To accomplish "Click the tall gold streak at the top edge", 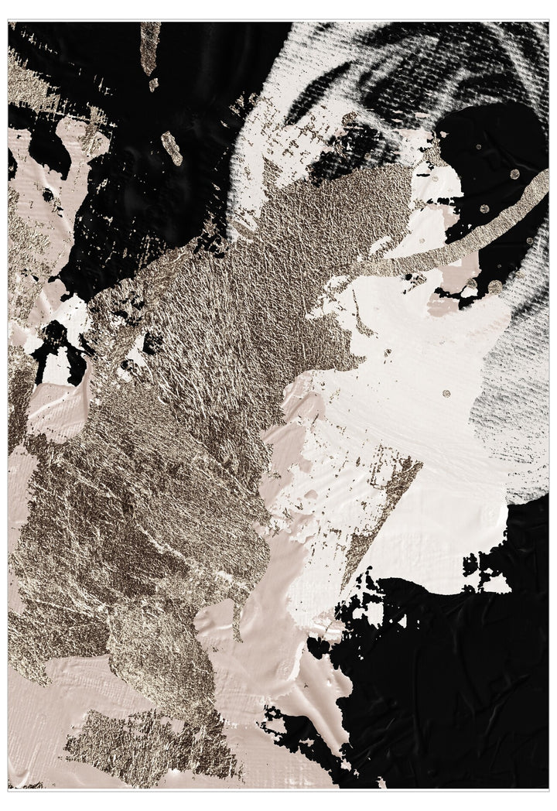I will [x=149, y=46].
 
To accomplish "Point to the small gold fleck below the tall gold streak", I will [x=153, y=84].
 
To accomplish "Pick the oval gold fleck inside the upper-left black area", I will [x=172, y=148].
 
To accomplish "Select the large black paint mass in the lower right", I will [x=456, y=681].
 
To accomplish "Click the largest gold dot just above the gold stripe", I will [x=514, y=174].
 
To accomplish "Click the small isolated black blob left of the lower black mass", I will [x=317, y=646].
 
